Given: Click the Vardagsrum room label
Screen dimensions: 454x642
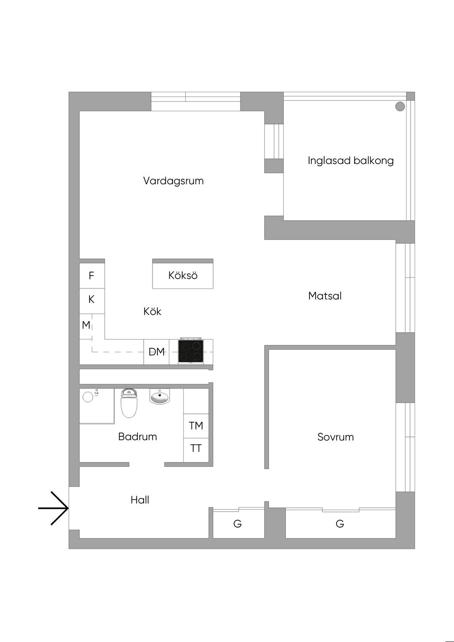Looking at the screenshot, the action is (173, 181).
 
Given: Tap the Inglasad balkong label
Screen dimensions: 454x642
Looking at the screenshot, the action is (351, 160).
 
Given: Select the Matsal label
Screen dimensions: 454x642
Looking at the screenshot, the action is (325, 296).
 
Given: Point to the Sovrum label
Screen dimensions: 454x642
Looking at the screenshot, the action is (336, 437).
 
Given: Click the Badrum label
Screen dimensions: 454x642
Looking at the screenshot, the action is (137, 436).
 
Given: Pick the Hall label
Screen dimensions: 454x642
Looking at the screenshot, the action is (140, 500).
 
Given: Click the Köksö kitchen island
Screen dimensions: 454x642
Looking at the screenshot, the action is (183, 275).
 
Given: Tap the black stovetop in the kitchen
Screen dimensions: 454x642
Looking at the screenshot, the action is (191, 351).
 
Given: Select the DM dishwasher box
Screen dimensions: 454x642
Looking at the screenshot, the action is (157, 352).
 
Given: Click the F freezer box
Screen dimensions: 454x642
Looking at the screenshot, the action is (91, 276).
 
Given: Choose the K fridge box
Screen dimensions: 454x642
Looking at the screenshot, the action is (91, 300).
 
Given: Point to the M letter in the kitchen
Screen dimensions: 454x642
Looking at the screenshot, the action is (86, 325).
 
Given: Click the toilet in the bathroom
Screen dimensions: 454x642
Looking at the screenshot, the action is (129, 404).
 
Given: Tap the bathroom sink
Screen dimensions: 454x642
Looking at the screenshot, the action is (160, 397).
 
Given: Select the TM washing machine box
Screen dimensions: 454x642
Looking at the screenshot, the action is (196, 426).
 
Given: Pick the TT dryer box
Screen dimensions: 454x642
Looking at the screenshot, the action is (196, 448).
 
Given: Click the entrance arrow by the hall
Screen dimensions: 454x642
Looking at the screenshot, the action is (54, 508).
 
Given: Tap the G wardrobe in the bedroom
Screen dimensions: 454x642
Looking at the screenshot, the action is (340, 524).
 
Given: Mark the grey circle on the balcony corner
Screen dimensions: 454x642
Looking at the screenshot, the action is (400, 106).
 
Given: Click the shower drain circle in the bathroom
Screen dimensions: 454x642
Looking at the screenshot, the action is (88, 397).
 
